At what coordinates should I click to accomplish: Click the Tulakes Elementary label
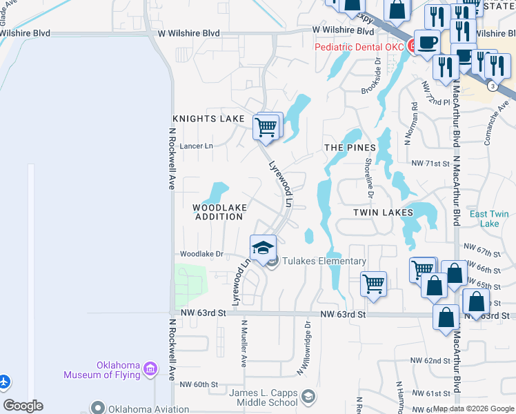pyautogui.click(x=325, y=261)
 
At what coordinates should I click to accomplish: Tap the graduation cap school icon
pyautogui.click(x=263, y=248)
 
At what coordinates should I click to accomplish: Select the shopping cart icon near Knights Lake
pyautogui.click(x=266, y=126)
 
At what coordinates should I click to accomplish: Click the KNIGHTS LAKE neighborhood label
pyautogui.click(x=208, y=119)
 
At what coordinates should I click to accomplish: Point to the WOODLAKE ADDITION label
pyautogui.click(x=219, y=212)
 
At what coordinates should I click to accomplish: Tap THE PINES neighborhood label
pyautogui.click(x=350, y=148)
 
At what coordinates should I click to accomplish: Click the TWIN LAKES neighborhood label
pyautogui.click(x=383, y=213)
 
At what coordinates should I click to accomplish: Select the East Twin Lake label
pyautogui.click(x=489, y=219)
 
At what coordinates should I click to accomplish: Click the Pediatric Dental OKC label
pyautogui.click(x=359, y=47)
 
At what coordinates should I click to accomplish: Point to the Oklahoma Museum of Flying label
pyautogui.click(x=101, y=371)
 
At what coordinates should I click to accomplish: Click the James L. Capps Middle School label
pyautogui.click(x=264, y=398)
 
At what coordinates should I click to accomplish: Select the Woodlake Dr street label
pyautogui.click(x=201, y=254)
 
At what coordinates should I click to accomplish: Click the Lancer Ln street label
pyautogui.click(x=197, y=146)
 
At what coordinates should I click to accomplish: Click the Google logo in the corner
pyautogui.click(x=23, y=406)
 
